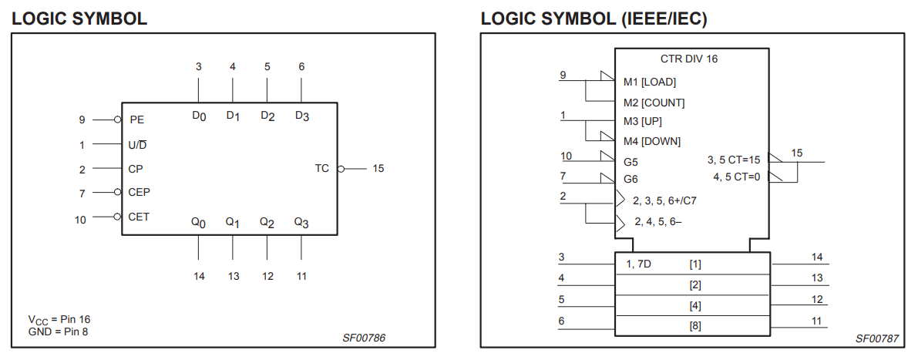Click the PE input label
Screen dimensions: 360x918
(136, 119)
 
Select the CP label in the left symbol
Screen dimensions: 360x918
(136, 169)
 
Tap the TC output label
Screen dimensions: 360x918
(321, 168)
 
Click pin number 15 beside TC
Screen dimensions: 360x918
(378, 168)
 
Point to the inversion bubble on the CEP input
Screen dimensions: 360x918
(117, 192)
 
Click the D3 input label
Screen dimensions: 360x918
(301, 116)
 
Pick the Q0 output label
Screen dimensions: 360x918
(198, 222)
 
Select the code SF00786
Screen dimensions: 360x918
(364, 338)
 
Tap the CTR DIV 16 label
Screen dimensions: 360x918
(689, 59)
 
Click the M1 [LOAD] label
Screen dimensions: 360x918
(649, 82)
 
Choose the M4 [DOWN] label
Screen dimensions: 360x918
(652, 141)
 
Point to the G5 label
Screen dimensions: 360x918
(630, 162)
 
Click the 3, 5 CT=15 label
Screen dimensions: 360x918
(734, 160)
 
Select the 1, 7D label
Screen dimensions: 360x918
(638, 264)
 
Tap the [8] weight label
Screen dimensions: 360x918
(695, 326)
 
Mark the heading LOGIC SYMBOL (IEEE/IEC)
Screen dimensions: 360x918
(594, 18)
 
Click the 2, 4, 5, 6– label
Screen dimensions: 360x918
(657, 221)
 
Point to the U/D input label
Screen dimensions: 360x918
(138, 144)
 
